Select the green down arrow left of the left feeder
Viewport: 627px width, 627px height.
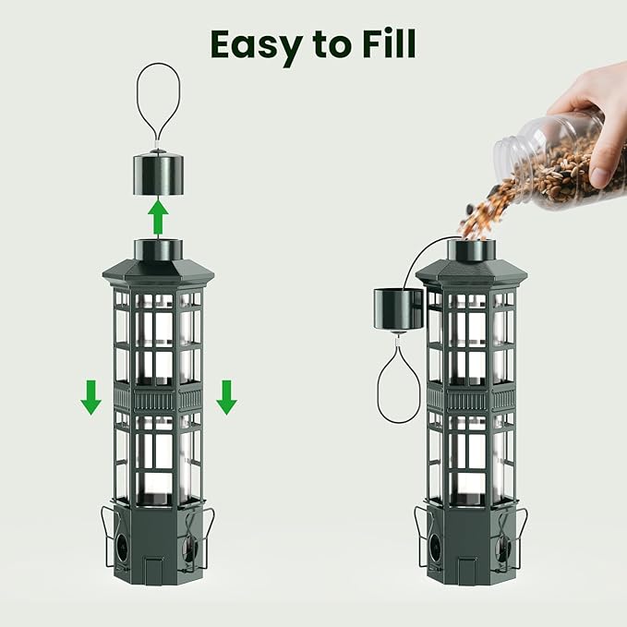pos(90,397)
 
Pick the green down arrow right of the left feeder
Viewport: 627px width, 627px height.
pos(226,397)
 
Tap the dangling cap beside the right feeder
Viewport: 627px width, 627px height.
pos(397,308)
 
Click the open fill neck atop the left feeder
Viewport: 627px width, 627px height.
pos(158,247)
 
